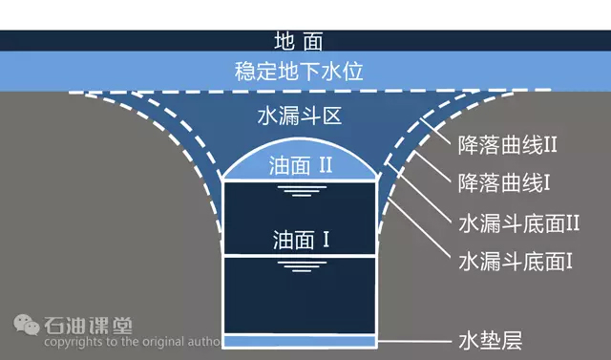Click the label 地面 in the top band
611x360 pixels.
click(299, 41)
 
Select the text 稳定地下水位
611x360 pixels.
click(299, 72)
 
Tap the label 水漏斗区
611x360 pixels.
click(299, 116)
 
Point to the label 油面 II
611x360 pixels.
click(301, 165)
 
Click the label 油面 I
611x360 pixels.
click(302, 240)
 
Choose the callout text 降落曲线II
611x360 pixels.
click(507, 145)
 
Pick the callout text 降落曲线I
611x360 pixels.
click(504, 182)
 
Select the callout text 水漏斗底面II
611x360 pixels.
click(519, 223)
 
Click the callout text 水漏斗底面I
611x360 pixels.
click(516, 261)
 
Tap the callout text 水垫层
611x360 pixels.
click(490, 341)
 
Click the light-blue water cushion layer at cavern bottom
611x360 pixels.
click(300, 341)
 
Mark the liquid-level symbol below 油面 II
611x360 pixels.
click(302, 191)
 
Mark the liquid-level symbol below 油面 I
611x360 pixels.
click(302, 266)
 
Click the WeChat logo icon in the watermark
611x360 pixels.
click(27, 325)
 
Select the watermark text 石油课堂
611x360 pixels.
click(88, 326)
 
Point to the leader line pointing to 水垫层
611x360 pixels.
click(414, 341)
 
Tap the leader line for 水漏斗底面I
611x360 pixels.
click(419, 229)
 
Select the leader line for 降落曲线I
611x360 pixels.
click(432, 167)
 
